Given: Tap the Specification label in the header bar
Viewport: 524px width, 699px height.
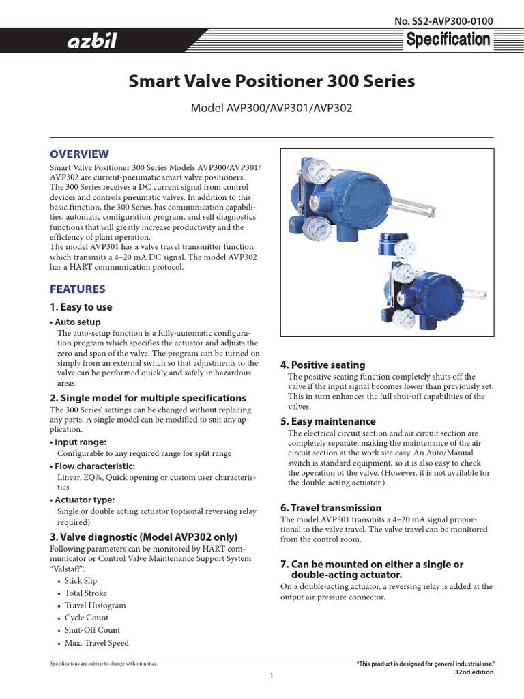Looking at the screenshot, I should pyautogui.click(x=448, y=40).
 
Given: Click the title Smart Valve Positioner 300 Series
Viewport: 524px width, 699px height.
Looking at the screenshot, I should pyautogui.click(x=272, y=82).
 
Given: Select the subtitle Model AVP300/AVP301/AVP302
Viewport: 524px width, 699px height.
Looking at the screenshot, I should pyautogui.click(x=272, y=109).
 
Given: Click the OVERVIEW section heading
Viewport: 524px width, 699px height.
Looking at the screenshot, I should pyautogui.click(x=79, y=154).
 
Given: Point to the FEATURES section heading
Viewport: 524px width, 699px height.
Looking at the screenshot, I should pyautogui.click(x=77, y=289).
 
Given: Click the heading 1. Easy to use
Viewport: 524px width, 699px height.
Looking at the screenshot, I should pyautogui.click(x=81, y=307).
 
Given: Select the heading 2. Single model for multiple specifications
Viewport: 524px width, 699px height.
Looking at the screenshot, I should pyautogui.click(x=147, y=398).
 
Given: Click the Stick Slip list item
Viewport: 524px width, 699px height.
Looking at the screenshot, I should pyautogui.click(x=81, y=581).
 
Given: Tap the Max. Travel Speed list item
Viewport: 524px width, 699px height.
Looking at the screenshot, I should pyautogui.click(x=96, y=642).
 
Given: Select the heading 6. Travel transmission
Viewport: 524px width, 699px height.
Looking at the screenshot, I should pyautogui.click(x=331, y=508).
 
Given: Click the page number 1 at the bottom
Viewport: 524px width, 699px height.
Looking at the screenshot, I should pyautogui.click(x=271, y=676).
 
